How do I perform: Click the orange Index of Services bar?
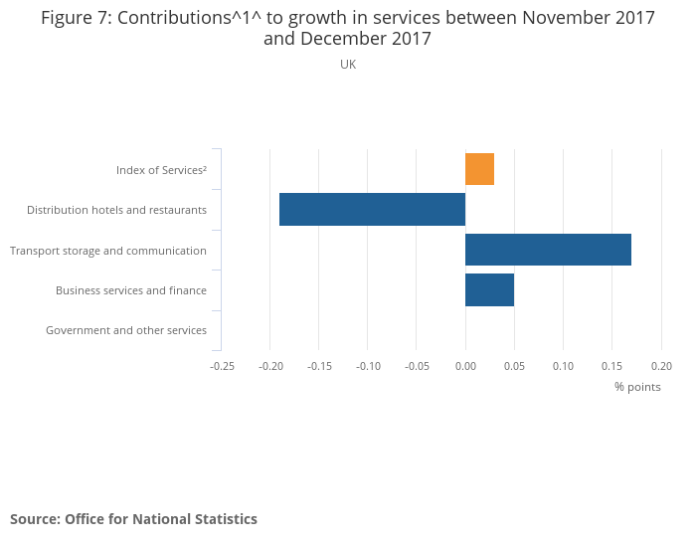click(479, 169)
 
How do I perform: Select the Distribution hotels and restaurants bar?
click(372, 210)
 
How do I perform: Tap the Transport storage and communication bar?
click(548, 250)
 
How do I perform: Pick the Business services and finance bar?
click(489, 290)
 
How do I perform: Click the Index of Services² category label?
click(161, 170)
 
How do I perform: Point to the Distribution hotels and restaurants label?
click(116, 210)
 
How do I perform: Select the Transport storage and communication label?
click(108, 251)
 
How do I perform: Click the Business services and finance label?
click(131, 290)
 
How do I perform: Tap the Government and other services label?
click(126, 330)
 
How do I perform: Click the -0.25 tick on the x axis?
click(222, 366)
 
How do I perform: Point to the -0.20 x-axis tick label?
click(270, 366)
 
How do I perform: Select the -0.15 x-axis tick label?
click(319, 366)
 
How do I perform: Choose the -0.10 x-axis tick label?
click(368, 366)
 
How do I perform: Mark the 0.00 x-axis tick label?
click(465, 366)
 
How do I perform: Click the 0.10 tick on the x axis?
click(563, 366)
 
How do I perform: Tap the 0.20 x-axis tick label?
click(661, 366)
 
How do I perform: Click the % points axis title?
click(637, 387)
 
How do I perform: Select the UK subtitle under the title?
click(348, 65)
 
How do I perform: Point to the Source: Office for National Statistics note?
click(133, 519)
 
